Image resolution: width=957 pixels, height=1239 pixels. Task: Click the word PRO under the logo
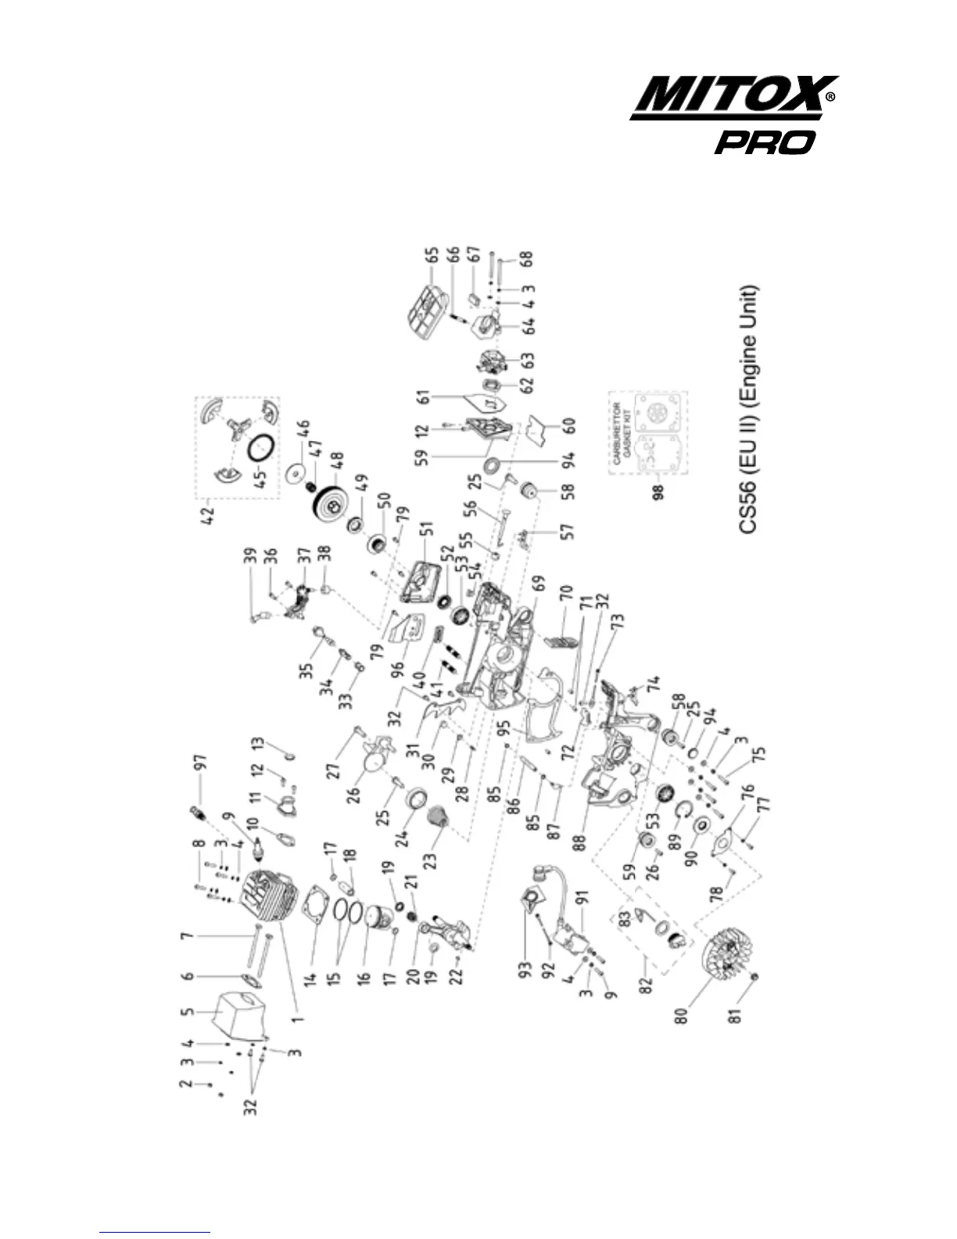(765, 142)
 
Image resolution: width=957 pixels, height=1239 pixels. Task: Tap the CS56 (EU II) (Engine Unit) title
(749, 408)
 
